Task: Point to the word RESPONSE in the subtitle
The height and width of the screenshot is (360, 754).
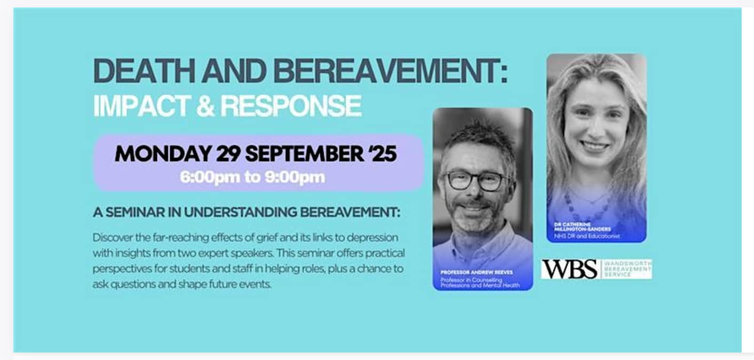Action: tap(291, 106)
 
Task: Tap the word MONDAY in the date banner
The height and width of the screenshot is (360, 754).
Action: tap(162, 154)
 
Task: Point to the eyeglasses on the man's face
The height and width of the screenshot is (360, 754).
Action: tap(476, 181)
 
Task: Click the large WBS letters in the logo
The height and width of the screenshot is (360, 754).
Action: tap(569, 269)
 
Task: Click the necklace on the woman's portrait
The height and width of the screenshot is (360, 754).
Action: tap(590, 202)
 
